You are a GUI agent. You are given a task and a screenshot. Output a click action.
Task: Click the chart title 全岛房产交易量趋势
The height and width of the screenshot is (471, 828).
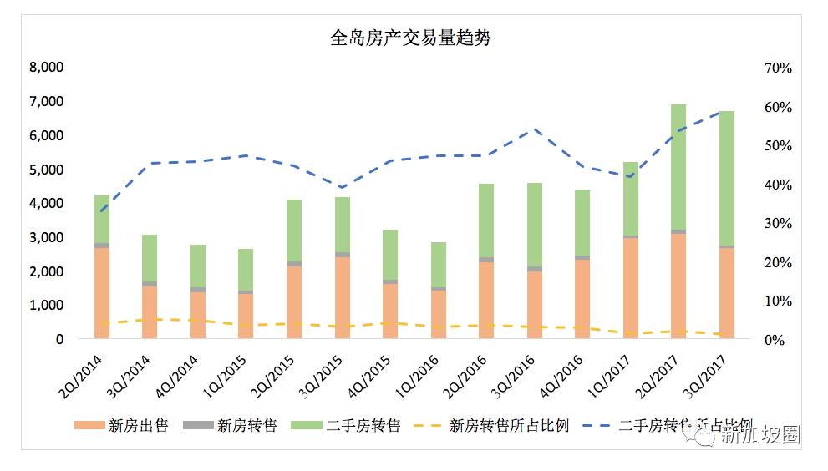(414, 38)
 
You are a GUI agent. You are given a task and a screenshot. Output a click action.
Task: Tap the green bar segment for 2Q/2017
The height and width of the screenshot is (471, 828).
(678, 167)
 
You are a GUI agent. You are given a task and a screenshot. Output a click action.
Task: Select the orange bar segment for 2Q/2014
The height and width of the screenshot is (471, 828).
(102, 292)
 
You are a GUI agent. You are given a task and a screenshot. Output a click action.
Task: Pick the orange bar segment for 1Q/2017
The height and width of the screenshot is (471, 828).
(630, 288)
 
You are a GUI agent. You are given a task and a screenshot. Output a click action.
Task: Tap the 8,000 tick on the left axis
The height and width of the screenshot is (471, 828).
(47, 68)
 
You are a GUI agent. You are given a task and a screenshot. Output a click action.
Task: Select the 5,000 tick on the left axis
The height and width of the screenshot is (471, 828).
(47, 170)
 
